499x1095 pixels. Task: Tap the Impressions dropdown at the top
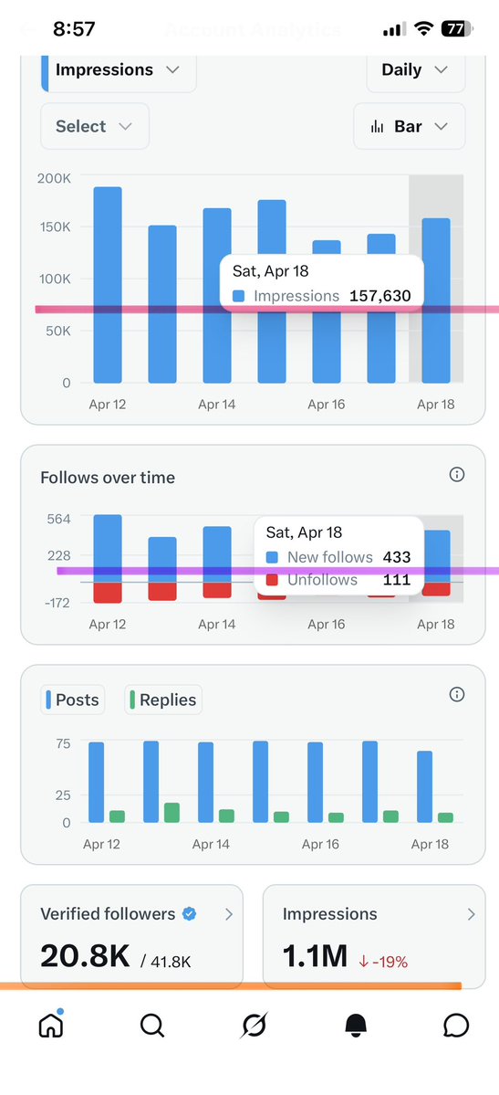click(117, 70)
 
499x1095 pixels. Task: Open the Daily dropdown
click(415, 70)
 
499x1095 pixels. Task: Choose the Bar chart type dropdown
click(409, 127)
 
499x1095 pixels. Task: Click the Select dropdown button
click(94, 127)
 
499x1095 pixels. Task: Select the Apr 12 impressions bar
click(108, 285)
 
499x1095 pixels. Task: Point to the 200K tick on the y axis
click(54, 179)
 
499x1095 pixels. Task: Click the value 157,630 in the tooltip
click(379, 296)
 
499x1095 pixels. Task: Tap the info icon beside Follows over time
click(458, 475)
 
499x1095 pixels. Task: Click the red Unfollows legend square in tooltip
click(272, 580)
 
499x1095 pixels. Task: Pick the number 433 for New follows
click(397, 557)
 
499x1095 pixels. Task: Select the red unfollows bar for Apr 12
click(108, 593)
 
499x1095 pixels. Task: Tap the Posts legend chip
click(73, 700)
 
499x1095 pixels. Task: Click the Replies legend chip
click(163, 700)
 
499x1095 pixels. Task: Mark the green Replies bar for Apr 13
click(172, 813)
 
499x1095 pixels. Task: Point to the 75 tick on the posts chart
click(62, 744)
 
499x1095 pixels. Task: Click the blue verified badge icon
click(190, 913)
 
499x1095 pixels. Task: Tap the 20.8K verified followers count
click(85, 955)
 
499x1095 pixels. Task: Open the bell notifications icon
click(356, 1027)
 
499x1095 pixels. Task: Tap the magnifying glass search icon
click(152, 1027)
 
